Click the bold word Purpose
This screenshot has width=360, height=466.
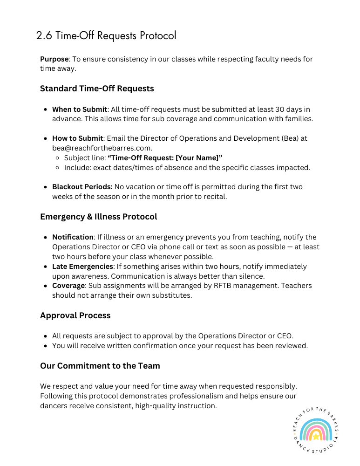[x=54, y=59]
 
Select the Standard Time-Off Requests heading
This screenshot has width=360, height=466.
[x=97, y=89]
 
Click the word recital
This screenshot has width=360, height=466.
[x=214, y=196]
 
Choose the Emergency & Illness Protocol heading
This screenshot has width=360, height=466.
[x=99, y=217]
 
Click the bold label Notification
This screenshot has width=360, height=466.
[x=73, y=237]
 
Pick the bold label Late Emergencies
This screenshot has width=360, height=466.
[x=82, y=267]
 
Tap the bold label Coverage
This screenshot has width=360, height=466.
[x=68, y=286]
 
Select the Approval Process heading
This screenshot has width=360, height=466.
[x=75, y=315]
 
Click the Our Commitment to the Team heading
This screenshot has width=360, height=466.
[x=100, y=366]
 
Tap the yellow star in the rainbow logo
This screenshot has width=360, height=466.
[x=316, y=437]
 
